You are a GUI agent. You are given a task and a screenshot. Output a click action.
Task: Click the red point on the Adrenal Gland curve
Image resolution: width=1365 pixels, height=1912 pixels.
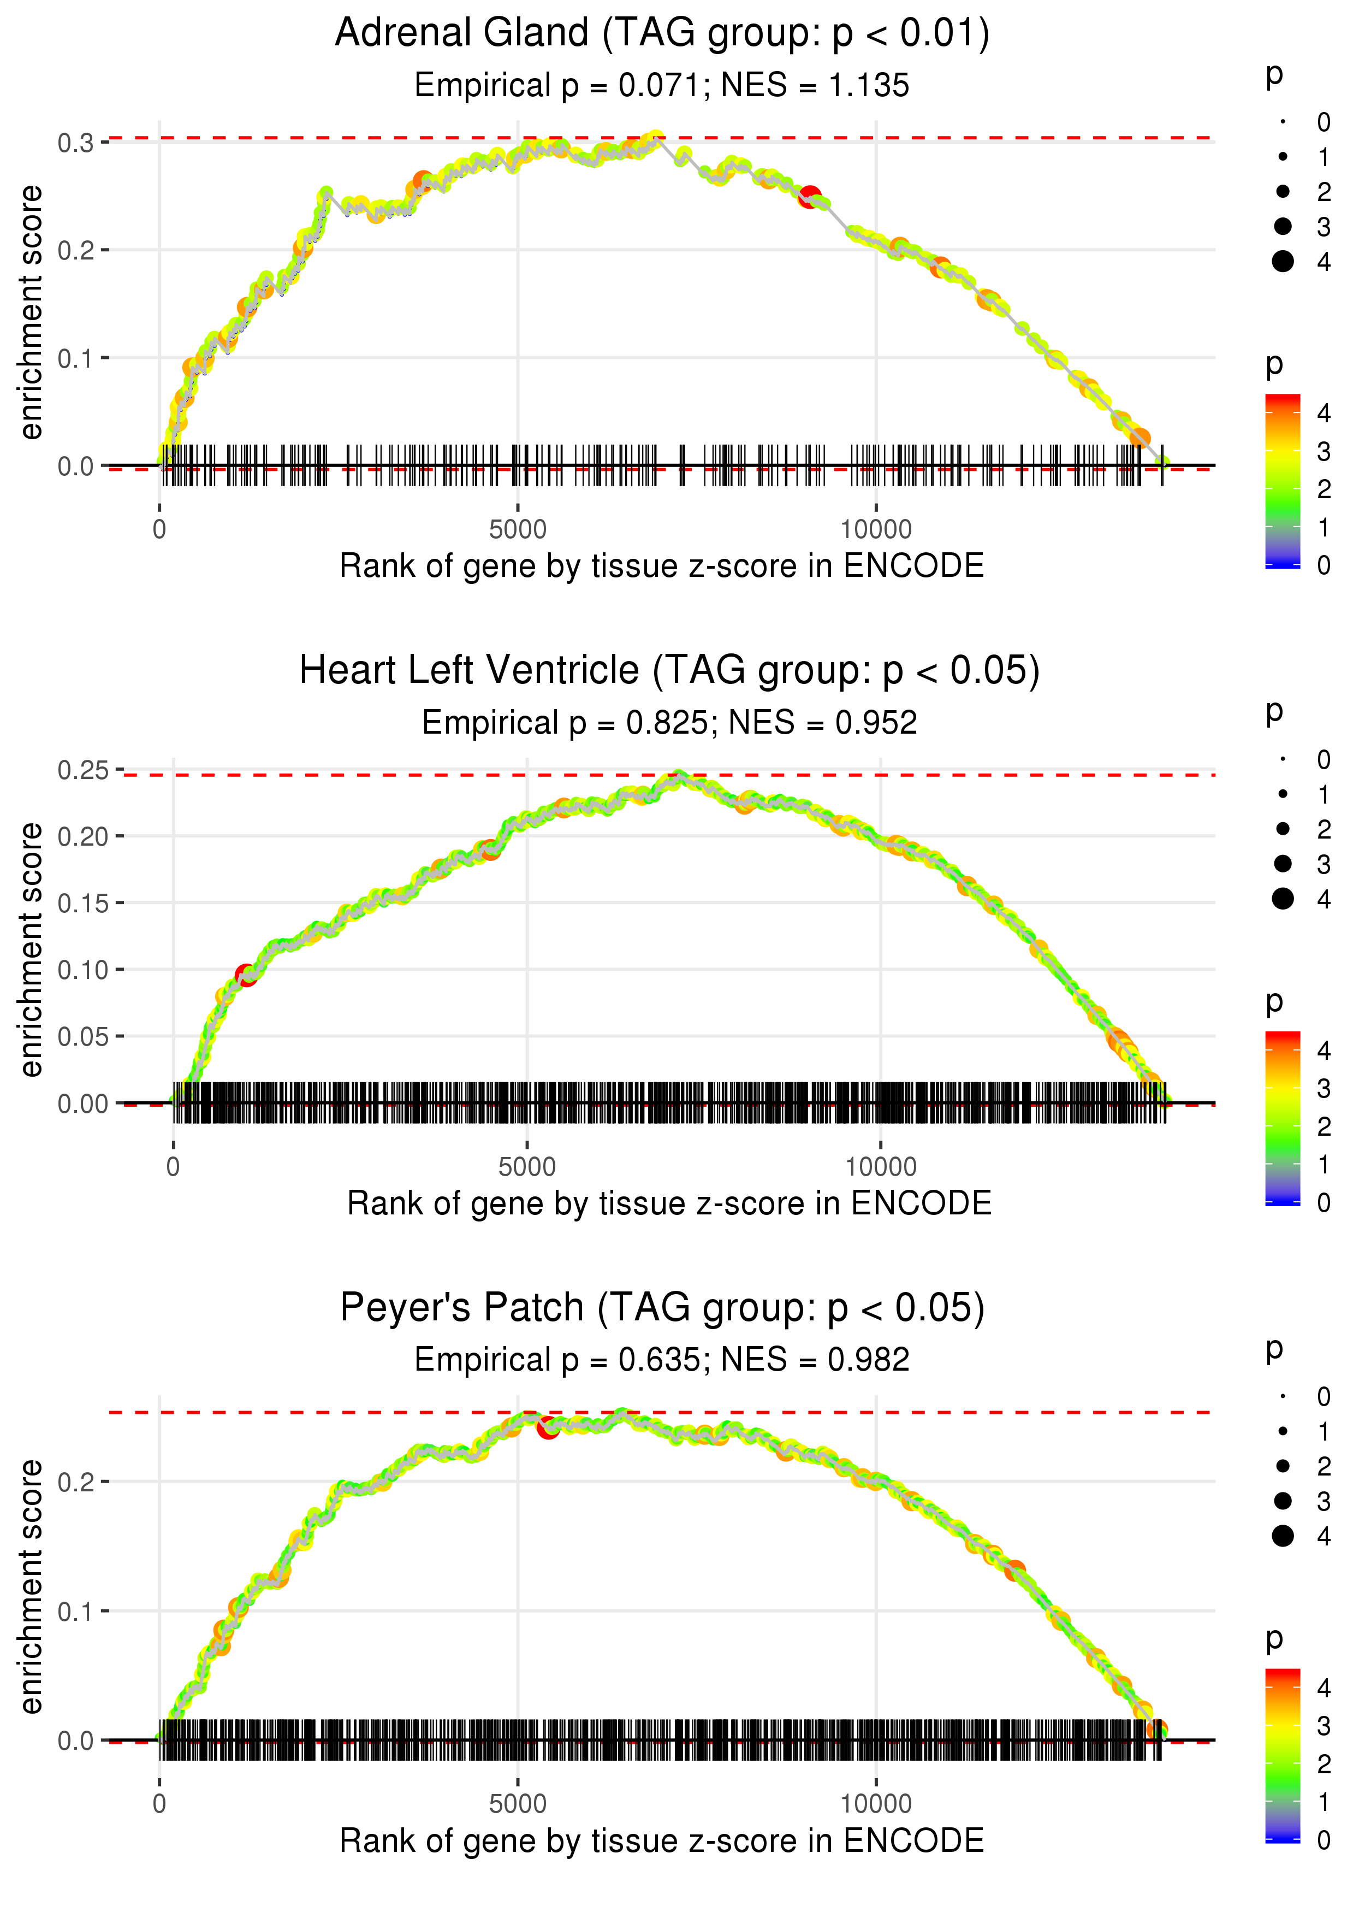(809, 197)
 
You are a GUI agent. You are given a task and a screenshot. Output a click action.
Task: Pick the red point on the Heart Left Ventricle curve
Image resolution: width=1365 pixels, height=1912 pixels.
(246, 975)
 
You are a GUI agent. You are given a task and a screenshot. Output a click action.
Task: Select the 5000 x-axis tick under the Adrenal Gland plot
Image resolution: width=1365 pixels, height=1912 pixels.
(518, 530)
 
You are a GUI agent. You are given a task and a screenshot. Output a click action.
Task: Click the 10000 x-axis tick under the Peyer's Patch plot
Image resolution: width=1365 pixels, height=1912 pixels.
(876, 1804)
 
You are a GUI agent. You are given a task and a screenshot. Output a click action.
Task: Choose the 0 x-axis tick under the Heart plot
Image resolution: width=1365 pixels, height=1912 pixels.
(173, 1167)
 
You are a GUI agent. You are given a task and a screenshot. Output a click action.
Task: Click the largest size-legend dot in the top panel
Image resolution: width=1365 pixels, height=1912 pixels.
(1283, 262)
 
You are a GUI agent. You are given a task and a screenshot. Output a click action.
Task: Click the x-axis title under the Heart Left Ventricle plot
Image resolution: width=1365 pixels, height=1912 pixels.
(669, 1203)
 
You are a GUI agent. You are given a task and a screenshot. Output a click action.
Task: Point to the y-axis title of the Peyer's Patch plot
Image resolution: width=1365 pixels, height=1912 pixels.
(31, 1588)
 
